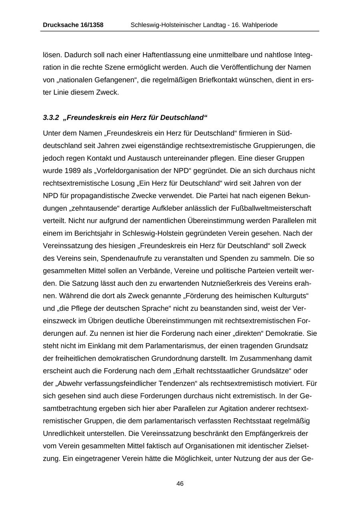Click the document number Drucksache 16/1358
pos(73,25)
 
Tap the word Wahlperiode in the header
pos(259,25)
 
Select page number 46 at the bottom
pos(180,484)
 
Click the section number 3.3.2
pos(51,118)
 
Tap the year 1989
pos(72,171)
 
